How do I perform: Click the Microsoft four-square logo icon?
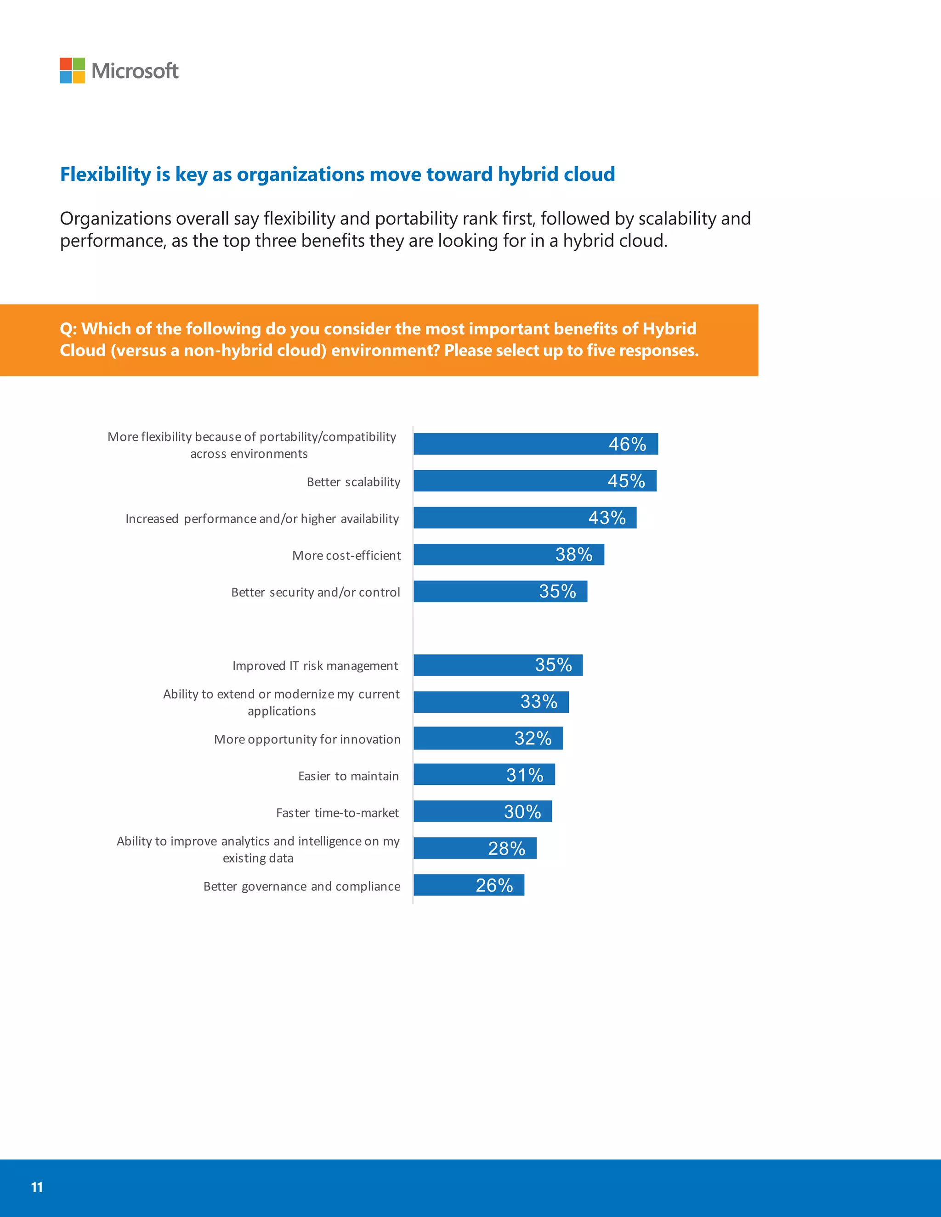[72, 70]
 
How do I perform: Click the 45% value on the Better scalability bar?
[626, 481]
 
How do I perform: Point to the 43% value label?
[607, 518]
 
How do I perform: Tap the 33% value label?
[539, 702]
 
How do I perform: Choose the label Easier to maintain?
[348, 776]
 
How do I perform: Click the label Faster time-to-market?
[337, 813]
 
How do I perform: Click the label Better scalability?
[353, 482]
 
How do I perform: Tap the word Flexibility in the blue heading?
[105, 175]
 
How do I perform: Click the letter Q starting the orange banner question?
[67, 329]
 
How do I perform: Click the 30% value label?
[522, 812]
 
